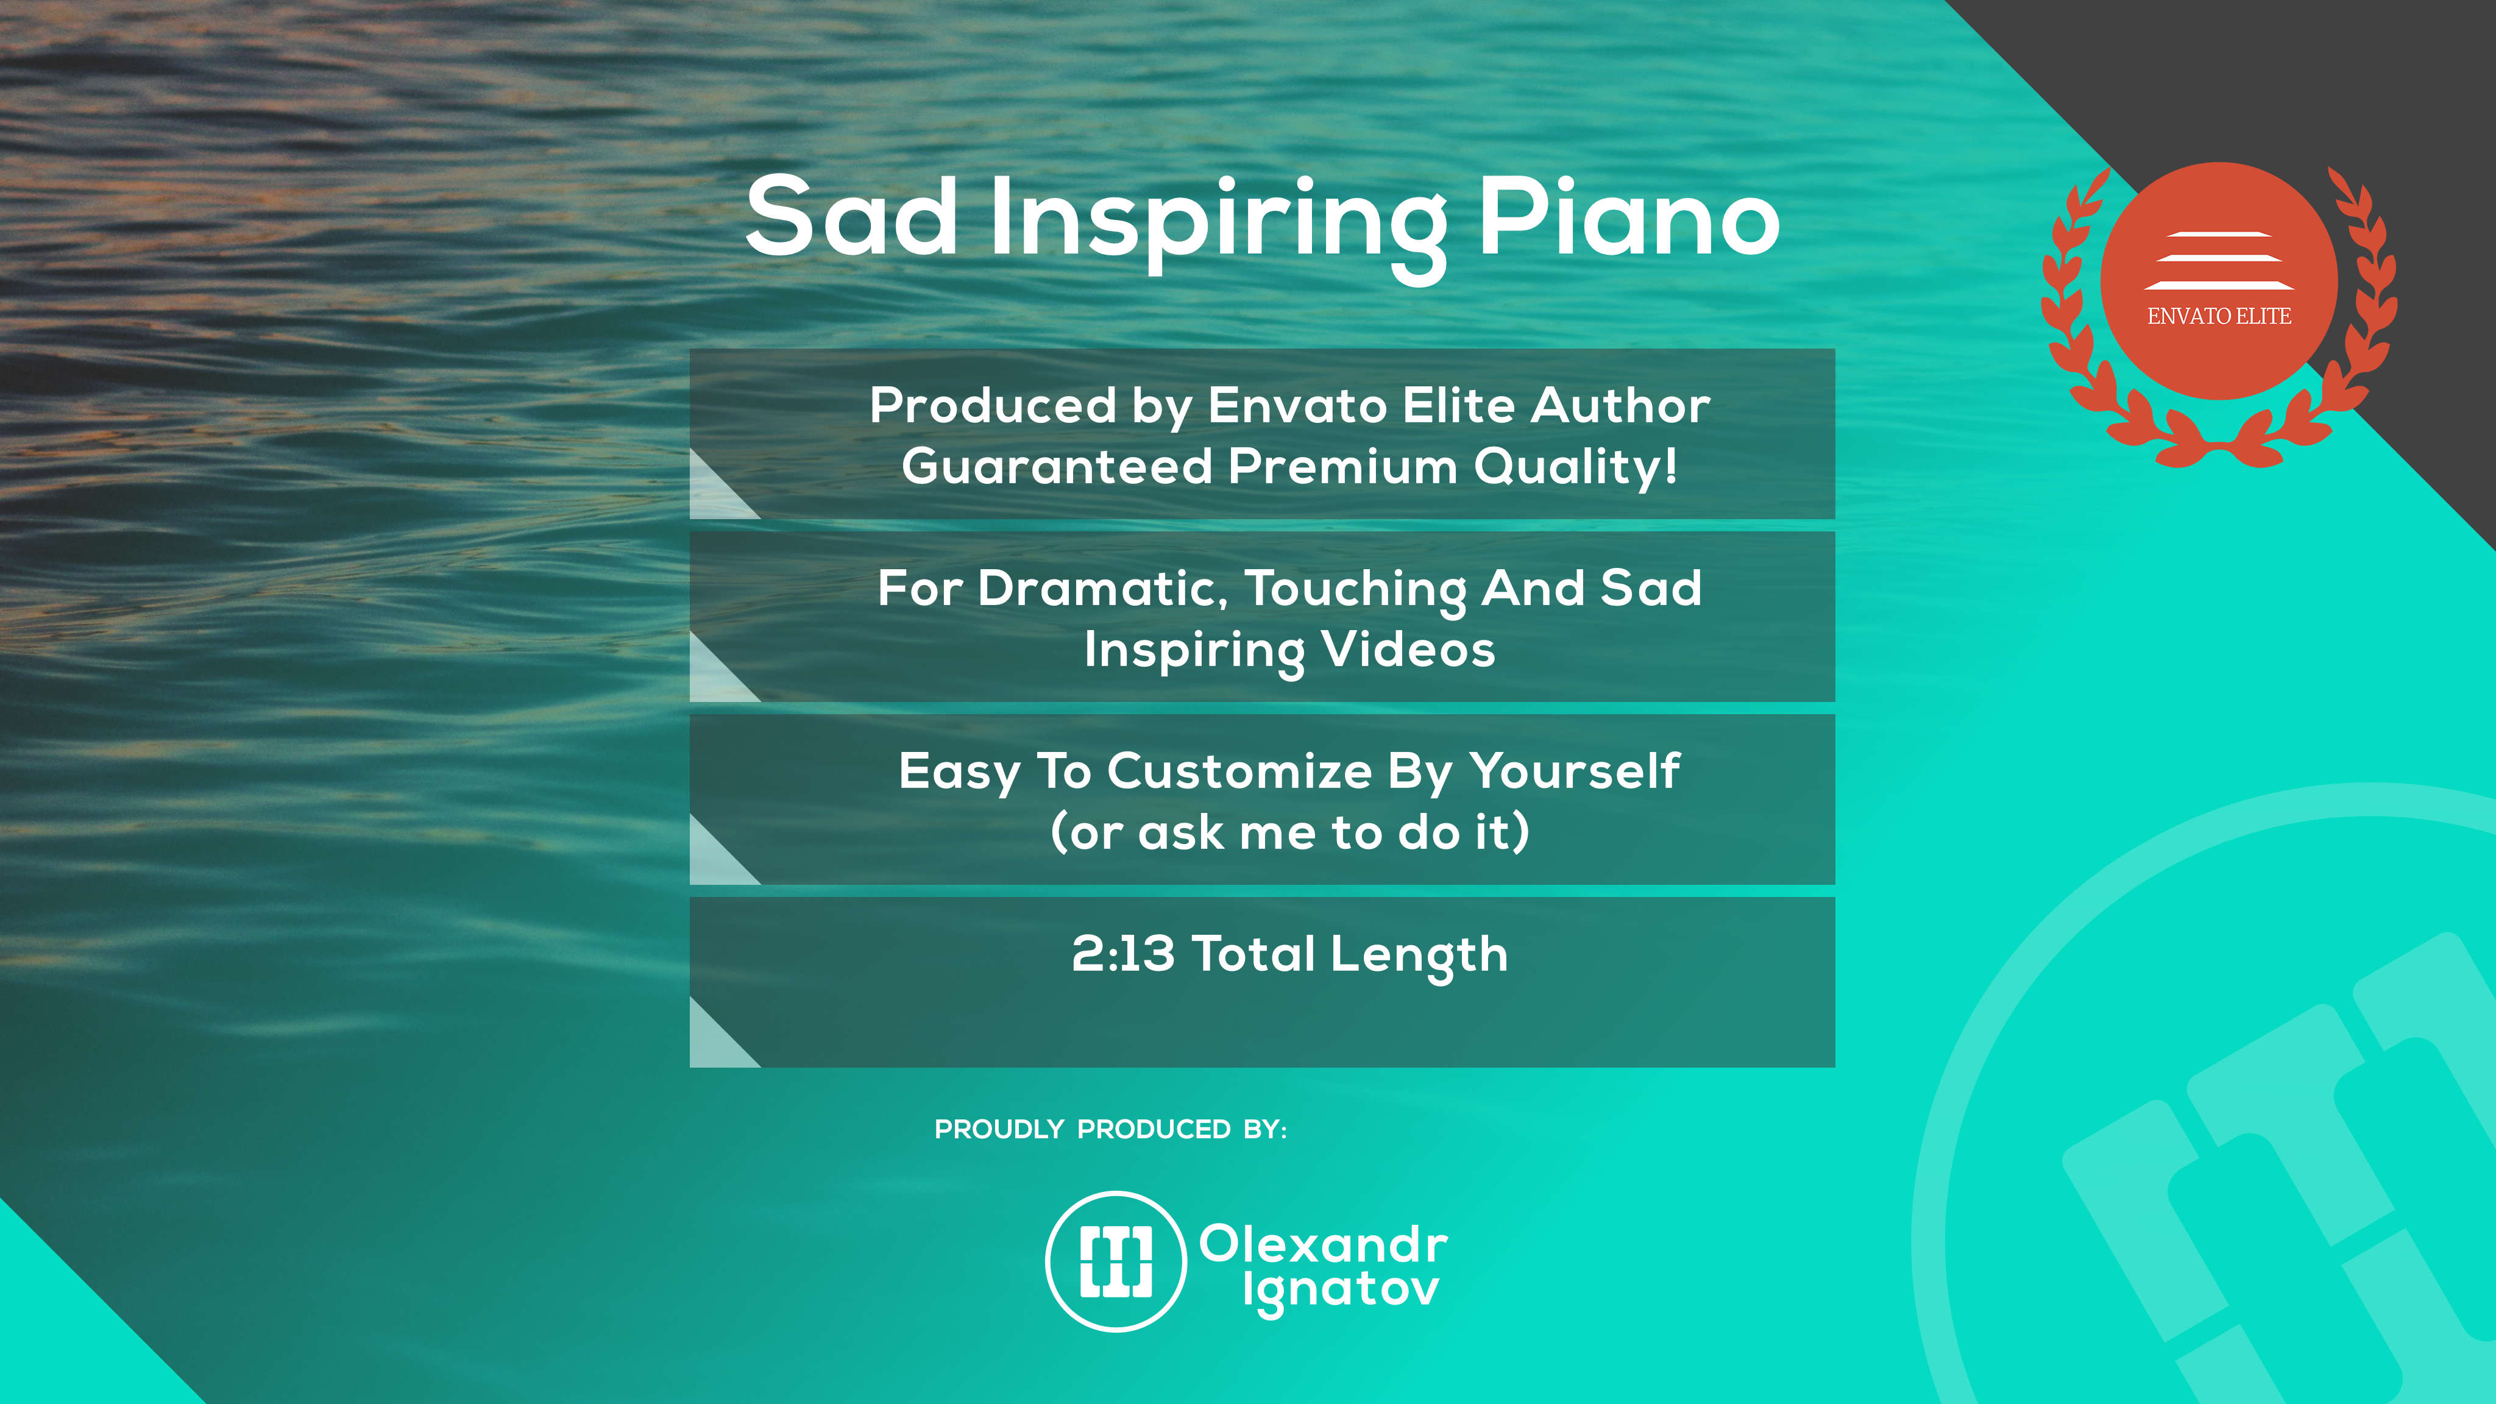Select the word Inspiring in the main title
coord(1218,229)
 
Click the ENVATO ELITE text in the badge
coord(2219,316)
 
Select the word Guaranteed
coord(1057,466)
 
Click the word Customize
coord(1240,771)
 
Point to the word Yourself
coord(1575,771)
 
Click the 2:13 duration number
coord(1123,954)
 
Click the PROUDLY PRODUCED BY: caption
coord(1110,1129)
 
